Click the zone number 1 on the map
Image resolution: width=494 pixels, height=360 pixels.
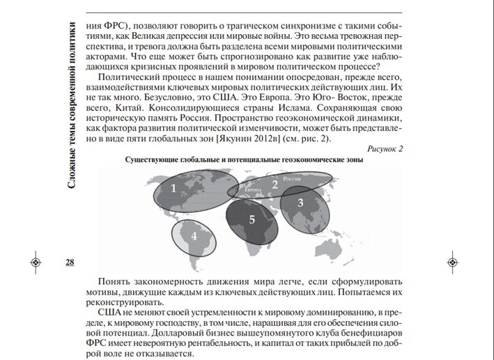pyautogui.click(x=173, y=188)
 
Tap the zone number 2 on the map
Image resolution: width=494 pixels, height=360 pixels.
pyautogui.click(x=275, y=185)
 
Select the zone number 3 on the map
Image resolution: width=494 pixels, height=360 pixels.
pyautogui.click(x=301, y=203)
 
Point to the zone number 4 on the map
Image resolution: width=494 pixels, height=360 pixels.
pyautogui.click(x=195, y=235)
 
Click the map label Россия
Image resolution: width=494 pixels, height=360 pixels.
pyautogui.click(x=291, y=179)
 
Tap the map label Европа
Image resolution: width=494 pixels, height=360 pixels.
pyautogui.click(x=253, y=189)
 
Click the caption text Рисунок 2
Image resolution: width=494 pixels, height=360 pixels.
pyautogui.click(x=384, y=149)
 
